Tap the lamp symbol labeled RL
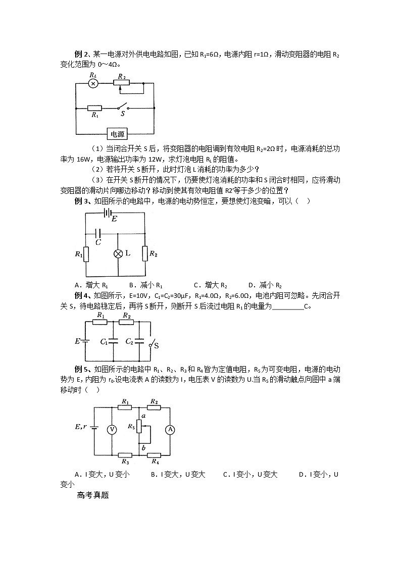click(x=93, y=83)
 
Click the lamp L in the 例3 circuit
click(x=118, y=253)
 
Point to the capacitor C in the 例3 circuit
click(x=98, y=233)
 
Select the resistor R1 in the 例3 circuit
click(x=85, y=254)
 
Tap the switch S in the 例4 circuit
click(x=150, y=344)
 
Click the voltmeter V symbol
click(x=113, y=429)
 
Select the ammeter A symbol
click(x=170, y=429)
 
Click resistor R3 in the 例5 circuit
click(x=124, y=454)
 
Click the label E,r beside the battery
click(x=81, y=426)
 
